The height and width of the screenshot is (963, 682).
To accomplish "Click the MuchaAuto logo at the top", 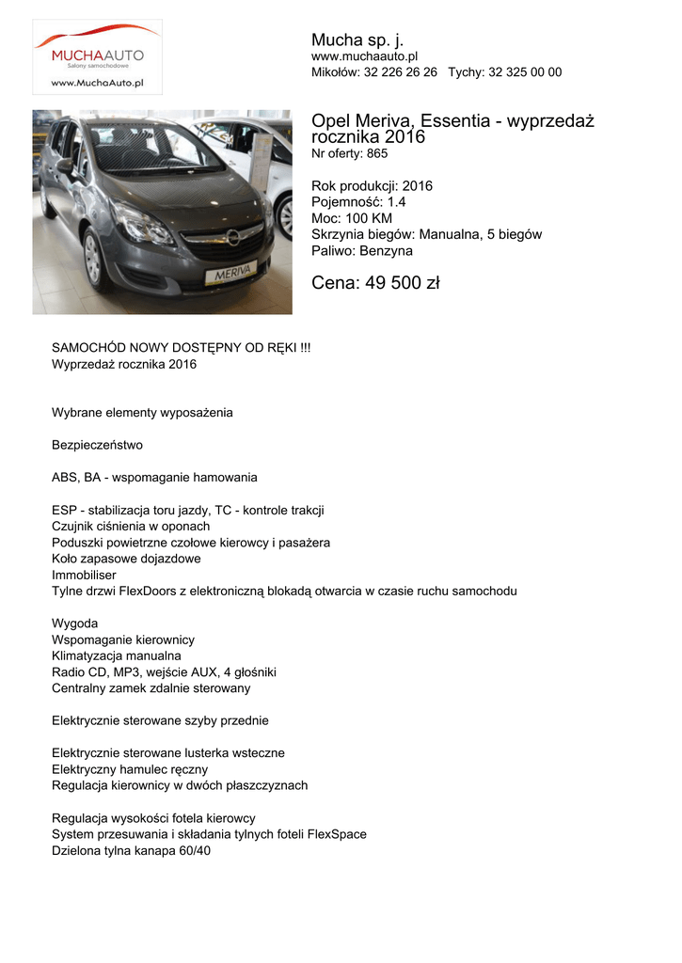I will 97,56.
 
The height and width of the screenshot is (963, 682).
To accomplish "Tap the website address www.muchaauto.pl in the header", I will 364,57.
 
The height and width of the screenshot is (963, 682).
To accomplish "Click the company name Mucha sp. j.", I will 357,39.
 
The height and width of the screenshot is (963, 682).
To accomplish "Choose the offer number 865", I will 377,153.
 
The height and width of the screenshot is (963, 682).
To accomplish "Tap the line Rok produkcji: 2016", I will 372,186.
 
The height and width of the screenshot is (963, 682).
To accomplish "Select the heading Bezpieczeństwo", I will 97,445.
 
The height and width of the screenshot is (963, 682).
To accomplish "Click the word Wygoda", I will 74,624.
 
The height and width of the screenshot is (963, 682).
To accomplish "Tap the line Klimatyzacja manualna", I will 117,655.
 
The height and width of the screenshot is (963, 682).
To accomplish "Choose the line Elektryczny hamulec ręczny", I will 130,769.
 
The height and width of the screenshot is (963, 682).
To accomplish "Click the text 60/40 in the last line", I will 195,850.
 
